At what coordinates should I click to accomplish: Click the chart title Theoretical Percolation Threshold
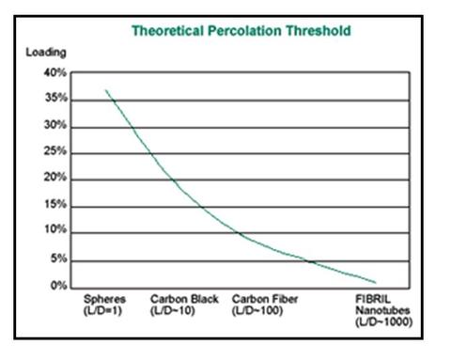point(241,30)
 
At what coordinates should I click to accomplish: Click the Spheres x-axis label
point(105,299)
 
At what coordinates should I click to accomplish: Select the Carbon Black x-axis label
point(184,299)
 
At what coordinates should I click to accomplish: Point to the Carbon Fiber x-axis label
point(265,299)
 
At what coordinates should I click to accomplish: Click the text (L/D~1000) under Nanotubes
point(383,322)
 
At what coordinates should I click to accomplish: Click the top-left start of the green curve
point(105,90)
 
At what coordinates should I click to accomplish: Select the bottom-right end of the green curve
point(377,282)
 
